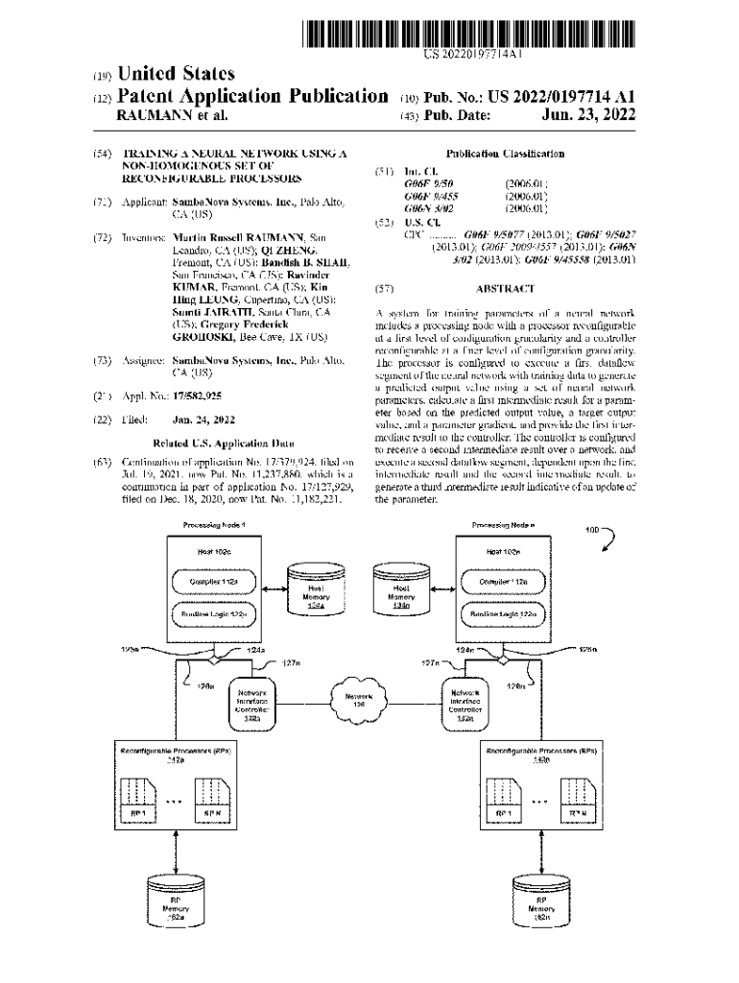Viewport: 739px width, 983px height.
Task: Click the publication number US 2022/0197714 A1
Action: pos(544,97)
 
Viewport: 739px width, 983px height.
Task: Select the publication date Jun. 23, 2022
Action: pos(588,116)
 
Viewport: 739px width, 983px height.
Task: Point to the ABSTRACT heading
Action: pos(504,288)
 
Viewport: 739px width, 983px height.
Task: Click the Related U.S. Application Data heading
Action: pos(223,444)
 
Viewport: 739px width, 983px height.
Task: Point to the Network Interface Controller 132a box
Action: pos(252,704)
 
